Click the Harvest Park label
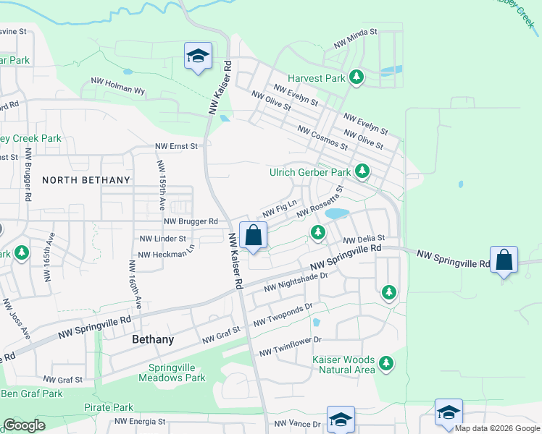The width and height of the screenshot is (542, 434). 315,78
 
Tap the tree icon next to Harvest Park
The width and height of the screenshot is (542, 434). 356,77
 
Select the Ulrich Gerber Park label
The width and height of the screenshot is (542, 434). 309,173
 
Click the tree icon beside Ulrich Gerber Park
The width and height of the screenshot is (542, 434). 362,172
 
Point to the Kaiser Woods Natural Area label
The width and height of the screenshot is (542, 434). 343,365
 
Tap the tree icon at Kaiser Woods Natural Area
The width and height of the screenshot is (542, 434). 387,364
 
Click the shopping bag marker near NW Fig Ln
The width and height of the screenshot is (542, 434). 254,236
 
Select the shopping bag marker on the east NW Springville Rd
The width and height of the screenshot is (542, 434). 504,260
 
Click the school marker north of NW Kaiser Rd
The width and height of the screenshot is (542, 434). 197,56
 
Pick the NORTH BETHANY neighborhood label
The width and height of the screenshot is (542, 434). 86,180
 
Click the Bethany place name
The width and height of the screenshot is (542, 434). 153,339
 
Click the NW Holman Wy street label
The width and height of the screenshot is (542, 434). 118,87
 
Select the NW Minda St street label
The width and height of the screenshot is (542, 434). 356,38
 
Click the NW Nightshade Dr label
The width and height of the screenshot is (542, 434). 296,283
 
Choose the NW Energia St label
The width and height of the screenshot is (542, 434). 140,421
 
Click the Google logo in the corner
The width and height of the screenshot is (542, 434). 25,426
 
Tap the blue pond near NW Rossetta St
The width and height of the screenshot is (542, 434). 337,213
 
